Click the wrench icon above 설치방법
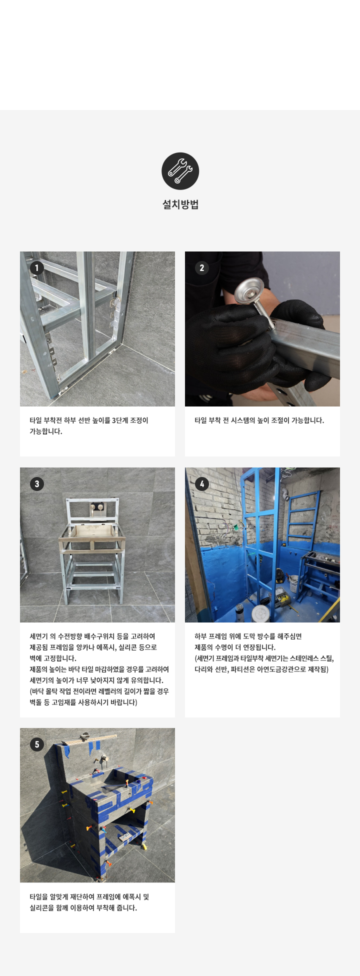pyautogui.click(x=180, y=171)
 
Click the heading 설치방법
pyautogui.click(x=180, y=204)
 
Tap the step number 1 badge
pyautogui.click(x=36, y=268)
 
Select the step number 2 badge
pyautogui.click(x=201, y=268)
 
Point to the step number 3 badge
pyautogui.click(x=36, y=484)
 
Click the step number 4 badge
pyautogui.click(x=201, y=484)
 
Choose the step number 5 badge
pyautogui.click(x=36, y=744)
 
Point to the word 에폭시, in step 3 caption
pyautogui.click(x=113, y=647)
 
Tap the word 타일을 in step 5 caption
pyautogui.click(x=38, y=897)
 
